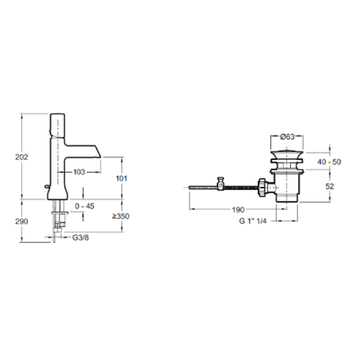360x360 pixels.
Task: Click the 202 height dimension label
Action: tap(22, 157)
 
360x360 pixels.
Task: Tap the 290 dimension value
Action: tap(22, 221)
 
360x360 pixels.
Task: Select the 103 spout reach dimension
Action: tap(79, 172)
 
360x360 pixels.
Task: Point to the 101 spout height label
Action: tap(121, 178)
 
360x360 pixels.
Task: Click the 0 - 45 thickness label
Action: tap(85, 206)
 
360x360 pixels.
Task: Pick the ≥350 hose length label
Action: tap(121, 216)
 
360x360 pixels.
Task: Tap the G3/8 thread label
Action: tap(80, 238)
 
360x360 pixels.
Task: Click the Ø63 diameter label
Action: tap(287, 137)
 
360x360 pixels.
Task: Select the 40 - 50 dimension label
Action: tap(329, 162)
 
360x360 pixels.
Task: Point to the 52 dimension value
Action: tap(329, 186)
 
